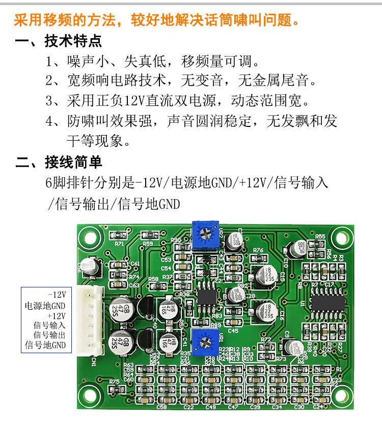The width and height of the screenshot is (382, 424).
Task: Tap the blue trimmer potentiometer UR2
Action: pos(205,233)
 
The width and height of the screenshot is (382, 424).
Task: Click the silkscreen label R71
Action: pos(120,244)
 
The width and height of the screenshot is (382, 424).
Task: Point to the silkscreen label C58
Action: pos(161,407)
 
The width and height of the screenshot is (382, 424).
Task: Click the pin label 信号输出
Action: pos(49,335)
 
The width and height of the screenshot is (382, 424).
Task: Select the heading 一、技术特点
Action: pos(59,41)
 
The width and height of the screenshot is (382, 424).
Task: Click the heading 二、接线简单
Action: pos(59,163)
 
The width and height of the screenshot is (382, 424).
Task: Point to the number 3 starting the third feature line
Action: pos(49,101)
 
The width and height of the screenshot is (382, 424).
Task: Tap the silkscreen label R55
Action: pos(320,237)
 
